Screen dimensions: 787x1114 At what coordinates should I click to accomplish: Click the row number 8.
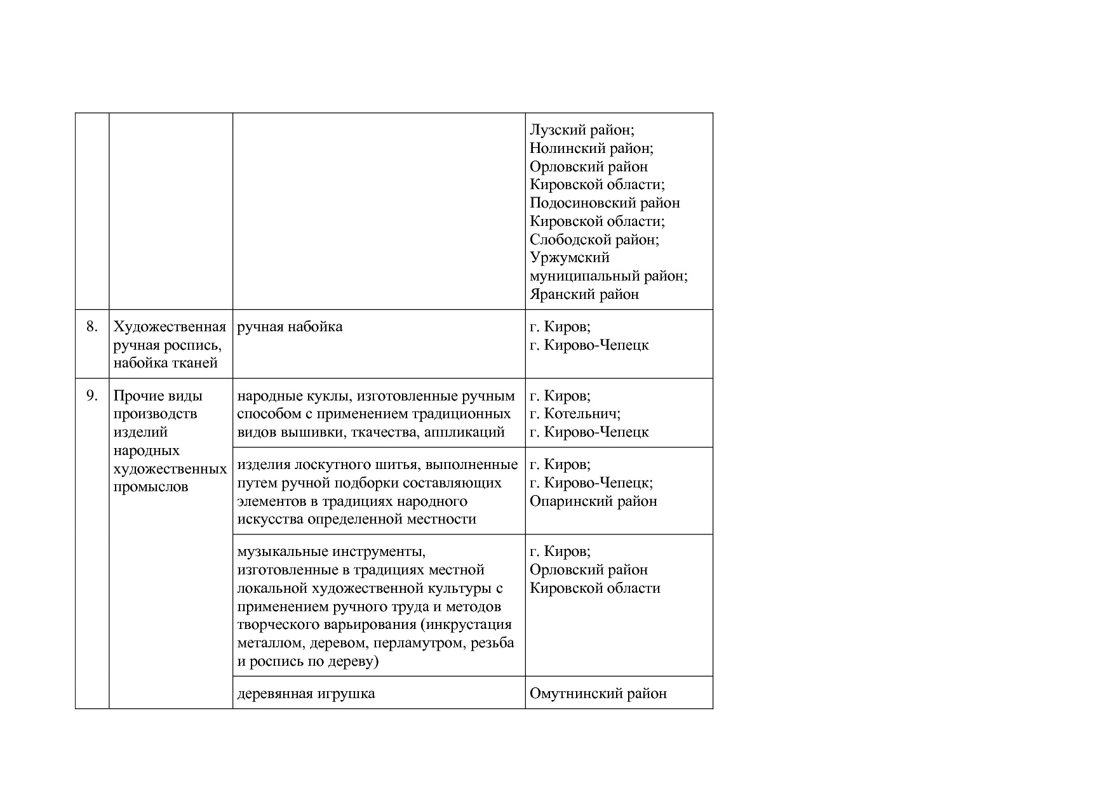pos(92,327)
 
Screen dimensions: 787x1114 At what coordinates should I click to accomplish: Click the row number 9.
pos(92,395)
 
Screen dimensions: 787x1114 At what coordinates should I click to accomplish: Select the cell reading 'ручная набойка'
pos(290,327)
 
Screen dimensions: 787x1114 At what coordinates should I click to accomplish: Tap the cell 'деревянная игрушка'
pos(306,693)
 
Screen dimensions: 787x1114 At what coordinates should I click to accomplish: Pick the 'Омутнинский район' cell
pos(598,693)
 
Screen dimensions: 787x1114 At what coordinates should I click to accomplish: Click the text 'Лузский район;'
pos(582,130)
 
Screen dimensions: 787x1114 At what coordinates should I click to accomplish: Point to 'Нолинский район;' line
pos(591,149)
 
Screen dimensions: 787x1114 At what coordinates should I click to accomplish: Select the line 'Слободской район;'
pos(594,240)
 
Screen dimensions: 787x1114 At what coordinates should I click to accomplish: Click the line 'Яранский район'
pos(584,294)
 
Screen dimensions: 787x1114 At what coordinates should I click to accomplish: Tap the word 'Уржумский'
pos(570,258)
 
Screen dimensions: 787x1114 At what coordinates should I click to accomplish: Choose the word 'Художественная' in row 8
pos(170,327)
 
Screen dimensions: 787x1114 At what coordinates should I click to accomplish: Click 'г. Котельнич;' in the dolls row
pos(575,414)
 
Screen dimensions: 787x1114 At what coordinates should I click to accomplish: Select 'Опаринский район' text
pos(593,501)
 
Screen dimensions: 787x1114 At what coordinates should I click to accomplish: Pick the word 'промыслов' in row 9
pos(151,487)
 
